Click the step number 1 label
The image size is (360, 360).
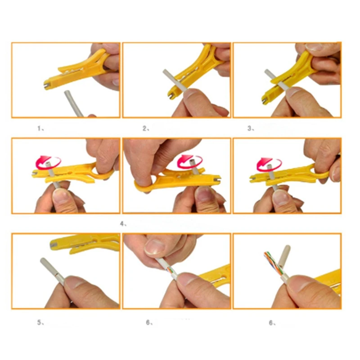[x=40, y=128]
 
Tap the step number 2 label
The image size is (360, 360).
[x=146, y=128]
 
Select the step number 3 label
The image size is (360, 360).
[x=251, y=128]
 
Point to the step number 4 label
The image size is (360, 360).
[x=123, y=224]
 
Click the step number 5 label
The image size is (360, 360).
[x=40, y=322]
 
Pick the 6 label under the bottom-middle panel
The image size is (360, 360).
[x=149, y=322]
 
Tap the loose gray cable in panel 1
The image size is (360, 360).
[x=73, y=103]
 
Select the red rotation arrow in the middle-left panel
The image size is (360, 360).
[x=48, y=162]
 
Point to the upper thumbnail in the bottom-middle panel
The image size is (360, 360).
[x=155, y=247]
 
